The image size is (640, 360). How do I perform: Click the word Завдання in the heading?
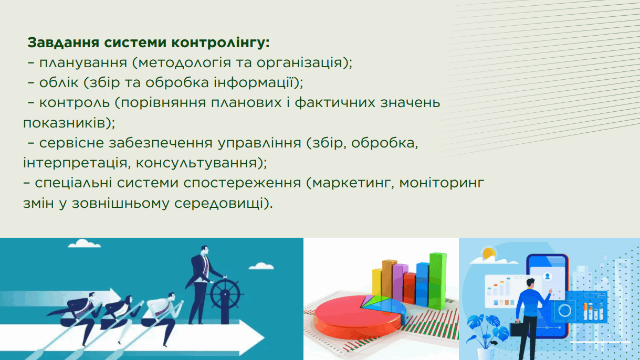[x=63, y=43]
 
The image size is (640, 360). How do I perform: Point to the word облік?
[x=59, y=82]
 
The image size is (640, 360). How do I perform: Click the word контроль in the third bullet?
[x=74, y=102]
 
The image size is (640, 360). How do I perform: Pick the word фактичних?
[x=335, y=103]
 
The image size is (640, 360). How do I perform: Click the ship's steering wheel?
[x=225, y=293]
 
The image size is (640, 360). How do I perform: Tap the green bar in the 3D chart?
[x=437, y=281]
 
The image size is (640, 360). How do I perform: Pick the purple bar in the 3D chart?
[x=399, y=283]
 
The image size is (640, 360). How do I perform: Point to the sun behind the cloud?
[x=489, y=253]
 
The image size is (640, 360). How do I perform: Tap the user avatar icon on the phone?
[x=548, y=277]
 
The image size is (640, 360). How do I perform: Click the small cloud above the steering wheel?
[x=261, y=266]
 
